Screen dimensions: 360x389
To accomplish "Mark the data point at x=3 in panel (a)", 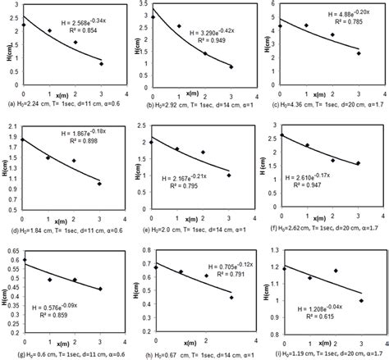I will click(100, 64).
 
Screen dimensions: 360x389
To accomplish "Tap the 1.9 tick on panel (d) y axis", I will click(12, 136).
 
